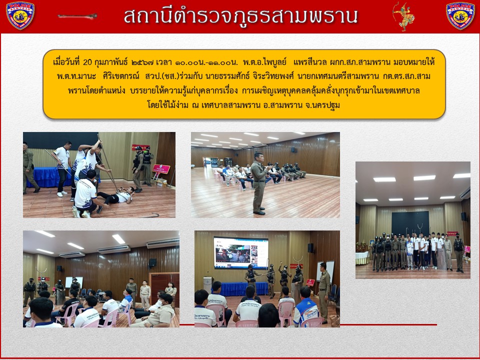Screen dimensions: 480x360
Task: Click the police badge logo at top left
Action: pyautogui.click(x=20, y=15)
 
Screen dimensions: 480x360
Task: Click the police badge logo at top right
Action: pyautogui.click(x=460, y=15)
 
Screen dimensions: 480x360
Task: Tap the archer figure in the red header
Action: pyautogui.click(x=403, y=16)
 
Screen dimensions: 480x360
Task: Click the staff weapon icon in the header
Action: pyautogui.click(x=77, y=16)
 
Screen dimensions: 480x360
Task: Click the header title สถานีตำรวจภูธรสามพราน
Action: pyautogui.click(x=240, y=16)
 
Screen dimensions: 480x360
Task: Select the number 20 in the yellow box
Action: pyautogui.click(x=87, y=62)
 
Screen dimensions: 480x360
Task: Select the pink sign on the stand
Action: pyautogui.click(x=161, y=169)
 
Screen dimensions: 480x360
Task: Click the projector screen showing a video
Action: pyautogui.click(x=241, y=253)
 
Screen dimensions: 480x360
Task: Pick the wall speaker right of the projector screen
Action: pyautogui.click(x=310, y=248)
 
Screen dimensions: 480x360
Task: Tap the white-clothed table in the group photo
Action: pyautogui.click(x=362, y=258)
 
